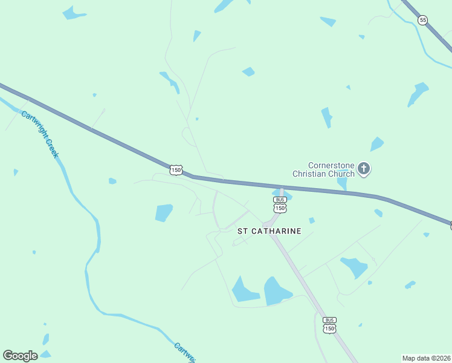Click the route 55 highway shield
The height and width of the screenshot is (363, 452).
click(x=423, y=21)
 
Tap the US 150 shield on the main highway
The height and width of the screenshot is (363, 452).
click(x=176, y=170)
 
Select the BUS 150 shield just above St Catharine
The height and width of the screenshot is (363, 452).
click(x=279, y=204)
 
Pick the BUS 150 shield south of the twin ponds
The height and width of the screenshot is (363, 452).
click(x=329, y=325)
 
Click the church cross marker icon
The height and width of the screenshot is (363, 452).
click(x=364, y=169)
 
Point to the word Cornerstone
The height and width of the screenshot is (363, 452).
click(x=331, y=165)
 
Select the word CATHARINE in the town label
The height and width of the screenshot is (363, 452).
click(x=276, y=231)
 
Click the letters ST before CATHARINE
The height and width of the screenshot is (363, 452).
click(x=242, y=231)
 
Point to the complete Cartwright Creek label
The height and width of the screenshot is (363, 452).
click(x=40, y=134)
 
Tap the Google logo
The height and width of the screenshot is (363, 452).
click(x=20, y=356)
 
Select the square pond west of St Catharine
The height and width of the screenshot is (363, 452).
click(x=164, y=212)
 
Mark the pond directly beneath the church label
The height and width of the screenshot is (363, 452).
click(x=342, y=183)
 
